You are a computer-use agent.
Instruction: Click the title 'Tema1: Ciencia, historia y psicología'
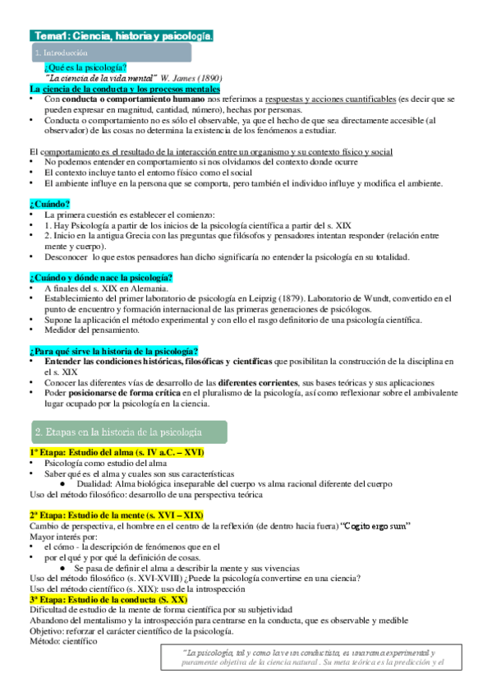(122, 35)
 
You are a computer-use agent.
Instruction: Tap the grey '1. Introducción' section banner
(110, 53)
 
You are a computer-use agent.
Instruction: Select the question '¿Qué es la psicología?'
(86, 67)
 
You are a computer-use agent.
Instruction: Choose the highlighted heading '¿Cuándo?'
(49, 203)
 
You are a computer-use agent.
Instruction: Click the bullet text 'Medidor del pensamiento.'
(92, 330)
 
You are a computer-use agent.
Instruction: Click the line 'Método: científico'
(63, 642)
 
